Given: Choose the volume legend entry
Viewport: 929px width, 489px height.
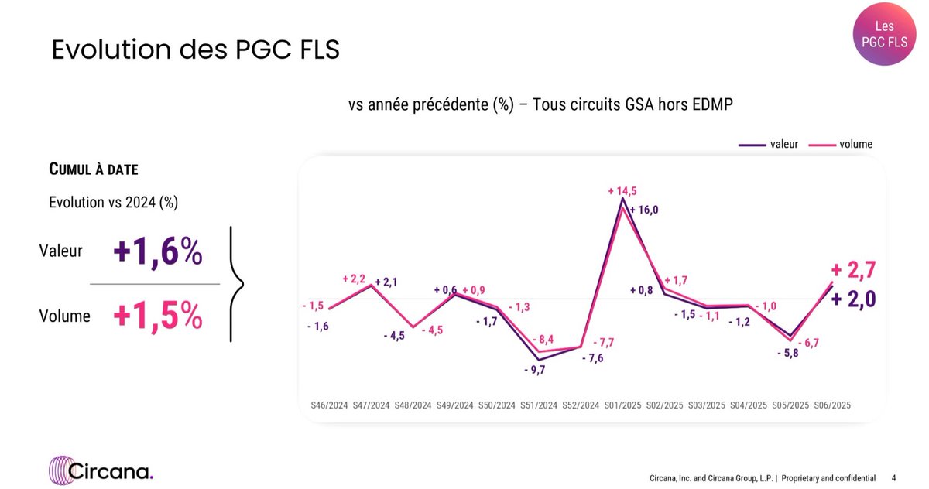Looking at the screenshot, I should click(x=841, y=144).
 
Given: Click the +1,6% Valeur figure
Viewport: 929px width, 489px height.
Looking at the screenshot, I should click(x=158, y=251).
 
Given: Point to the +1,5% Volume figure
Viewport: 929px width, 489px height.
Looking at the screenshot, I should click(x=158, y=316).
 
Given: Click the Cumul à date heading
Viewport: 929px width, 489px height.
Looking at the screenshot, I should click(x=94, y=169).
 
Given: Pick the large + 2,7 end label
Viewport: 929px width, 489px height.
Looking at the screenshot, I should click(x=853, y=270).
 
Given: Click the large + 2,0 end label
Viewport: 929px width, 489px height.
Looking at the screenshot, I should click(x=853, y=299).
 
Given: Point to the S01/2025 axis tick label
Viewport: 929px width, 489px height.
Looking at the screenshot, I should click(x=623, y=405).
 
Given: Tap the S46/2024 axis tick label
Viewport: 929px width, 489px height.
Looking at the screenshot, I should click(x=328, y=405).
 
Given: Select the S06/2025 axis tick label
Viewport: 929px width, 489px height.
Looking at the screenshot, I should click(x=833, y=405).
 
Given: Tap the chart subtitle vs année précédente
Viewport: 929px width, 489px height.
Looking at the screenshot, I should click(x=540, y=106).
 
